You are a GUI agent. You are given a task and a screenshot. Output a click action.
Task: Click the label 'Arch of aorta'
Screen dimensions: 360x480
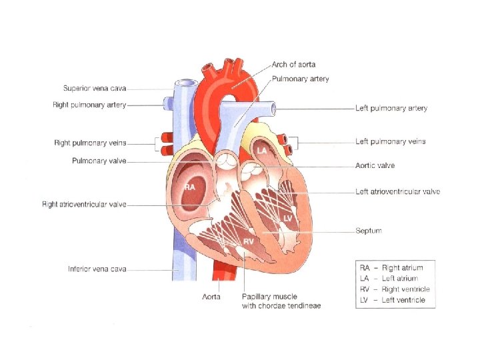[293, 65]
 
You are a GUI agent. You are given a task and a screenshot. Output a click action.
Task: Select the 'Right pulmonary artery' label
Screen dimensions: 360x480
[89, 104]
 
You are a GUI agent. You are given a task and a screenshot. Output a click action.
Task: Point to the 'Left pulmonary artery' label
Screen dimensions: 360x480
[391, 108]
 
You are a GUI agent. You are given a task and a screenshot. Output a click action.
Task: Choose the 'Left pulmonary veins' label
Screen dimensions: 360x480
[390, 141]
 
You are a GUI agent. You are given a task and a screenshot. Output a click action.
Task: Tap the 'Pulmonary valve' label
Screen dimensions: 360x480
[99, 161]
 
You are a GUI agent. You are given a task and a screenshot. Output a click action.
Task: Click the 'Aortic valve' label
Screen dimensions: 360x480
[375, 165]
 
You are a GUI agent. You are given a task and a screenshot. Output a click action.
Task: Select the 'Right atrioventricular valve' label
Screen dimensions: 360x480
[84, 205]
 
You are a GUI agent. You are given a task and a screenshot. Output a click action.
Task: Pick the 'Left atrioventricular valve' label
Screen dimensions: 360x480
[397, 191]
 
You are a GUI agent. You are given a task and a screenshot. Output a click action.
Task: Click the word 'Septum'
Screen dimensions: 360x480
[369, 231]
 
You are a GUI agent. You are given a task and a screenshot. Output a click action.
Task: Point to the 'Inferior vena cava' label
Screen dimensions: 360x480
[97, 269]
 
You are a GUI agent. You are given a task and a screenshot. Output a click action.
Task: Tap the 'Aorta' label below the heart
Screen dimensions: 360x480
[211, 297]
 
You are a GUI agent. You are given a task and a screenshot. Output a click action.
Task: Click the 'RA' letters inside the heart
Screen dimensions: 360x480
[190, 187]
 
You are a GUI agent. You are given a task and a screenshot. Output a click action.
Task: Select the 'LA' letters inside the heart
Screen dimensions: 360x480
[262, 150]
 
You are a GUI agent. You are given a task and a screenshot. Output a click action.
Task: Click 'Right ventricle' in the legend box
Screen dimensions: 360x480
[405, 289]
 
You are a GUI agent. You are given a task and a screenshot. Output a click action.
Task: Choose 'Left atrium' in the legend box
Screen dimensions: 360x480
[400, 279]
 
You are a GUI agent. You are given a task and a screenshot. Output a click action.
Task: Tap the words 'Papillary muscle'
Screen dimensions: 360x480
[270, 297]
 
